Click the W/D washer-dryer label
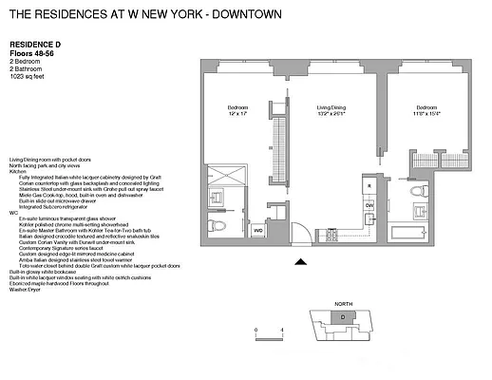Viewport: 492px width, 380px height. click(257, 229)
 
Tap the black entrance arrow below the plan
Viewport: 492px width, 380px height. click(302, 262)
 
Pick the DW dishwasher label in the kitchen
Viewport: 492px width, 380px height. click(370, 204)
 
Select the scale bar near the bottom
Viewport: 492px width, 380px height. click(269, 333)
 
